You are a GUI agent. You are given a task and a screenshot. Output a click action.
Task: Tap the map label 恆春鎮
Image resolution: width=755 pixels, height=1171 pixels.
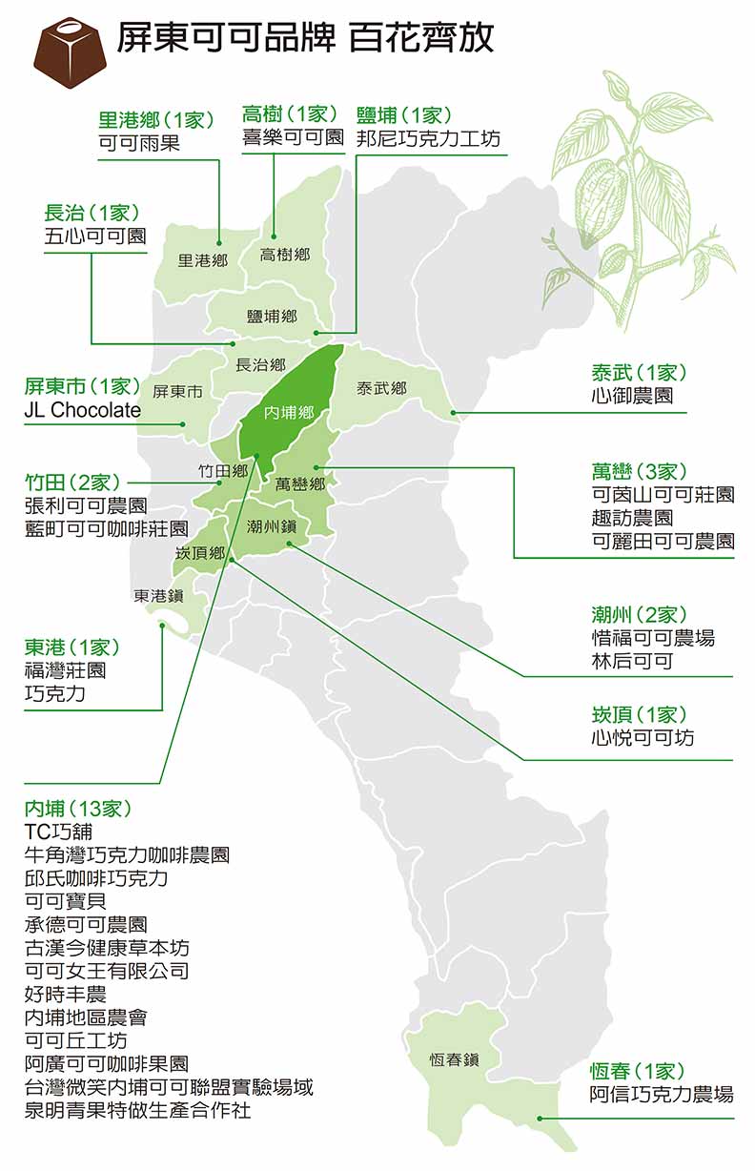454,1059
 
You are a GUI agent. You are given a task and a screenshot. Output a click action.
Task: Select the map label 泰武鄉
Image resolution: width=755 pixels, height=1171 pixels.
381,388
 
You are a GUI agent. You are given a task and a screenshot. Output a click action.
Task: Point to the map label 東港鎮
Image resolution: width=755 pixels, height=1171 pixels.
158,596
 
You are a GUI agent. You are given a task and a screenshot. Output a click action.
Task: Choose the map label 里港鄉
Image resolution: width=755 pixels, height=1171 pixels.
203,259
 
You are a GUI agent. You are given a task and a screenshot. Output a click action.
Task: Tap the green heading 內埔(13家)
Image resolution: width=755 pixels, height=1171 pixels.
78,809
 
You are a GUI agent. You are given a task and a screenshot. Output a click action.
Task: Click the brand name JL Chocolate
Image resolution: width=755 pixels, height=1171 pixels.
82,411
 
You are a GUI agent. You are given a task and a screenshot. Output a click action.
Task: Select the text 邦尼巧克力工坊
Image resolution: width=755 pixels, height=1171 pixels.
428,139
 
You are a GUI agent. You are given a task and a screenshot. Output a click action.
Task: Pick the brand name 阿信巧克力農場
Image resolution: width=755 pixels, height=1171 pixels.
662,1094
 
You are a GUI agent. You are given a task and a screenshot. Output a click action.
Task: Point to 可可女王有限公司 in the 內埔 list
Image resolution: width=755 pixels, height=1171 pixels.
107,971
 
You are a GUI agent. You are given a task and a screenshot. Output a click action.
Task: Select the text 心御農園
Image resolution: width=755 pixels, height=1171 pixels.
632,395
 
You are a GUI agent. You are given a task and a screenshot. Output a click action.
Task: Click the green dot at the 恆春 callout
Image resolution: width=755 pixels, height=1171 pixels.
540,1119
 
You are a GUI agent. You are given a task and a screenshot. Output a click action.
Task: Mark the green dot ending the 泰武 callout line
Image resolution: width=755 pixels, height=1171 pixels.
454,413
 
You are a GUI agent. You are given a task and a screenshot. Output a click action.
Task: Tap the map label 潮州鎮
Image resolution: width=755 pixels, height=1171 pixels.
273,525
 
